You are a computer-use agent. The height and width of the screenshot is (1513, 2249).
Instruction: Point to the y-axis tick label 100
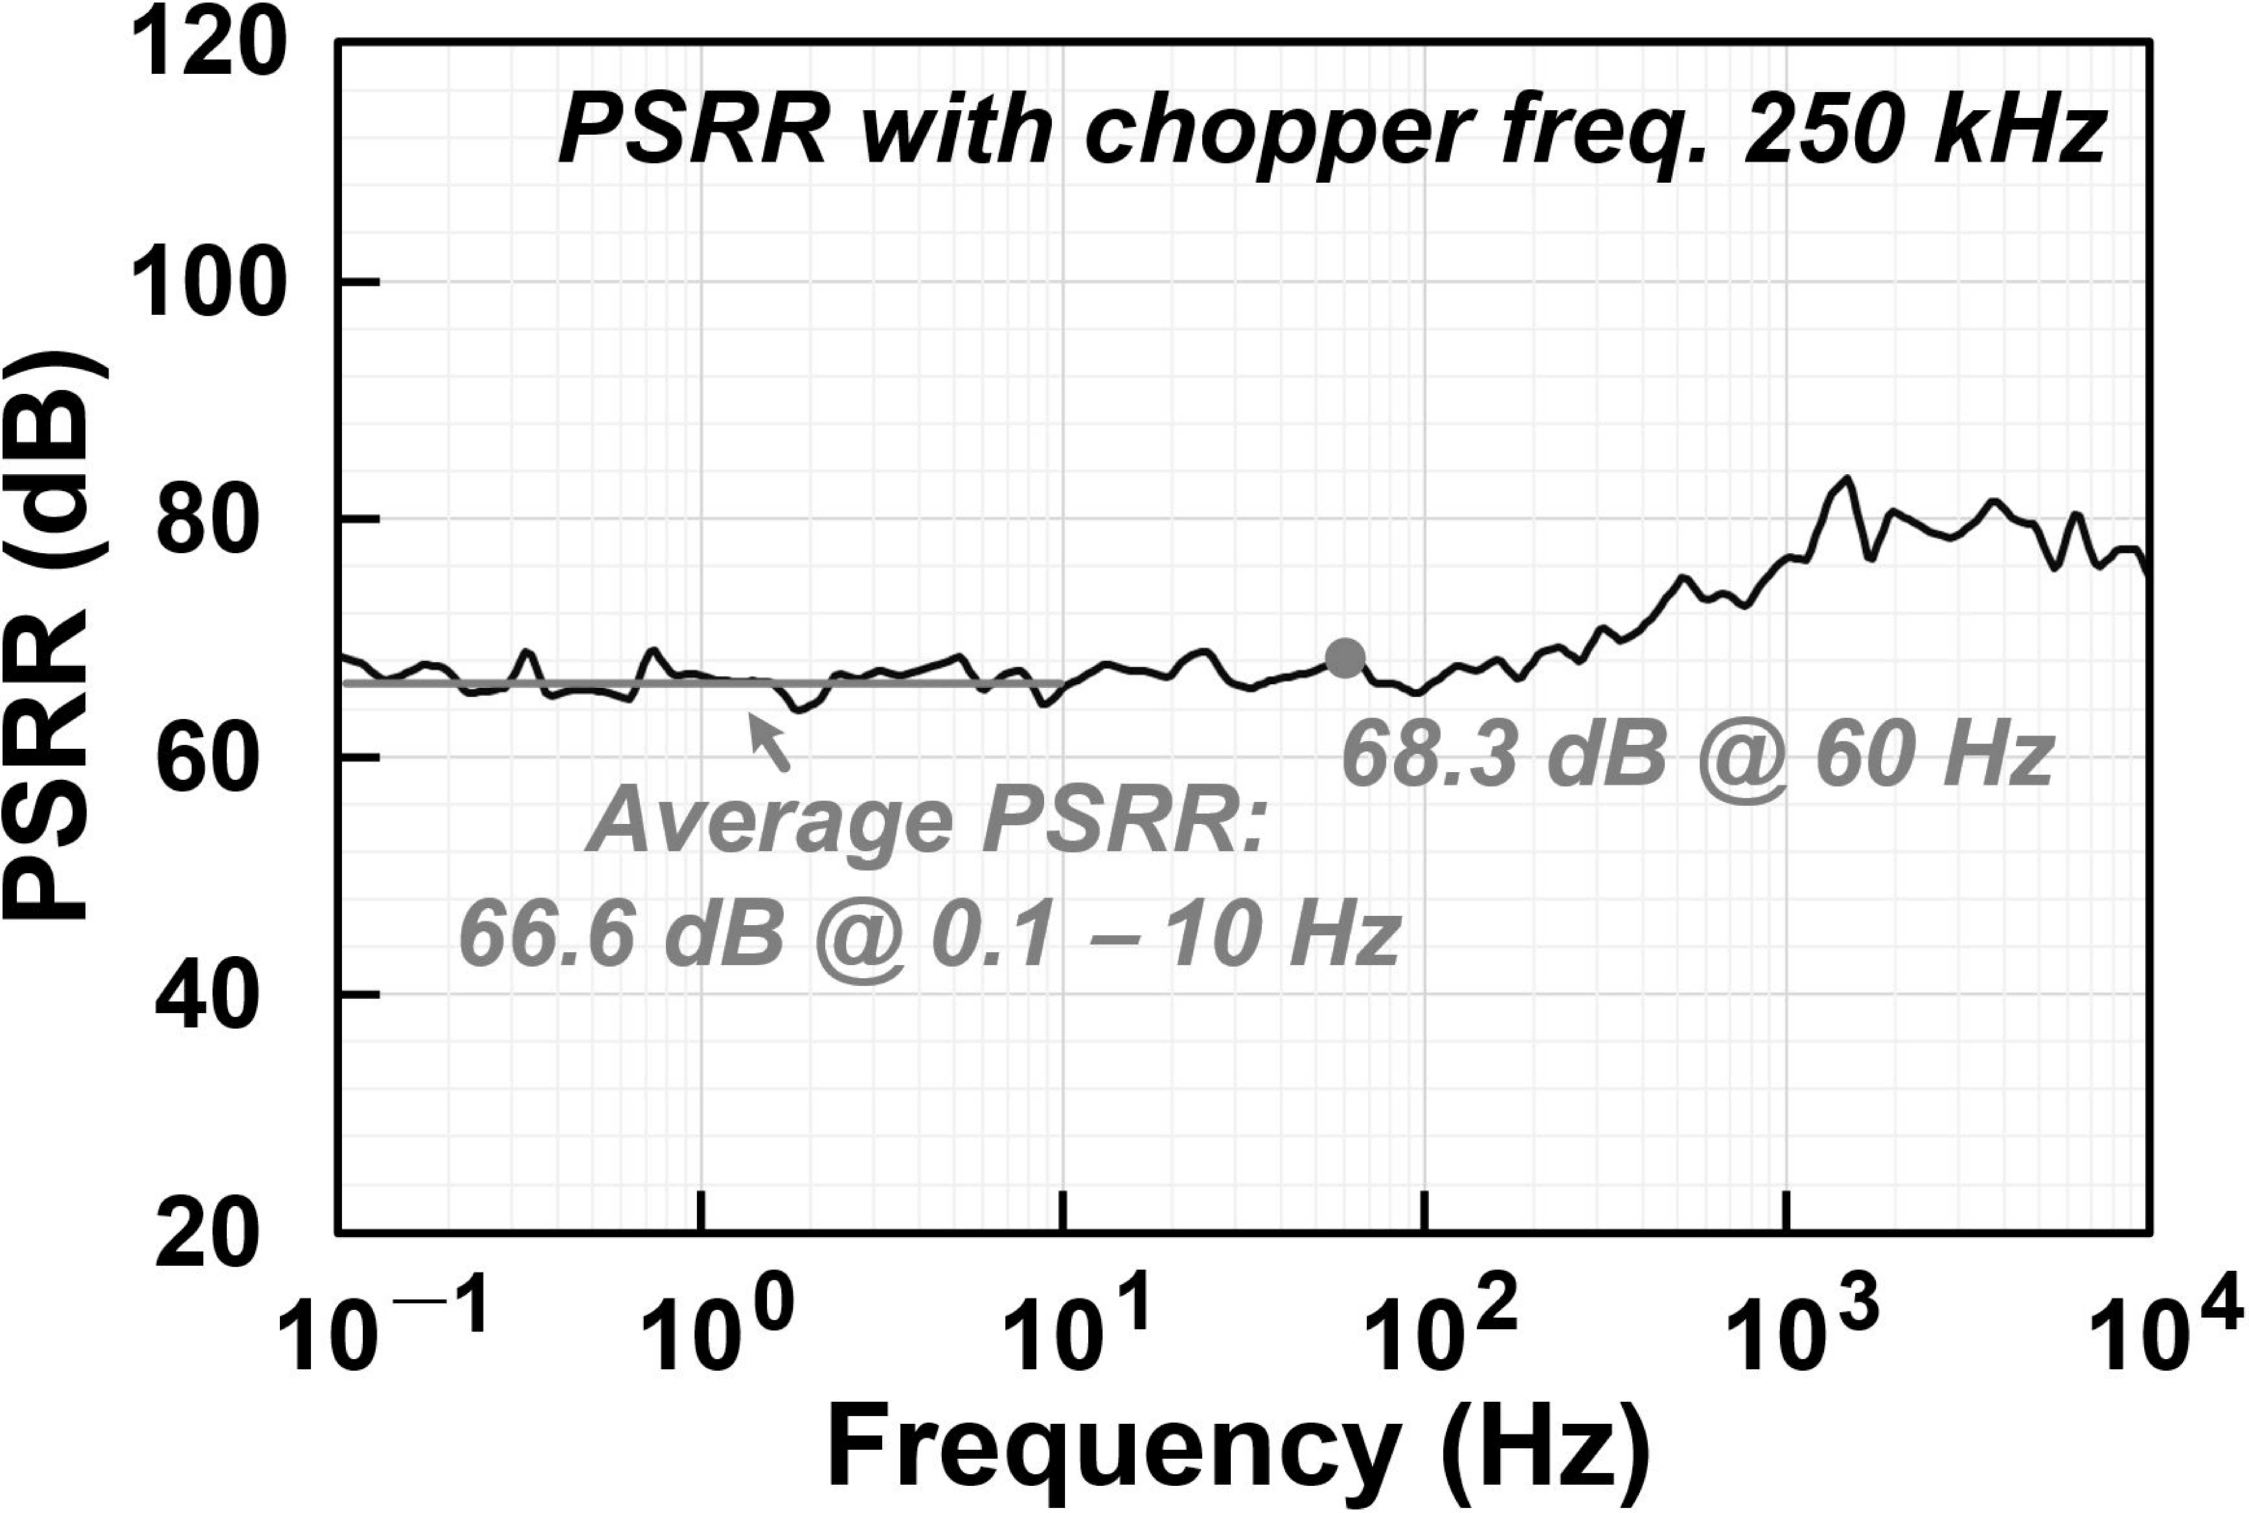tap(207, 282)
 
